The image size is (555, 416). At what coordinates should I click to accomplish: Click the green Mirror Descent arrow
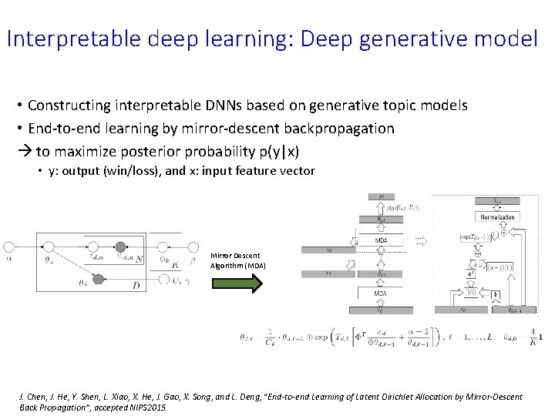click(237, 283)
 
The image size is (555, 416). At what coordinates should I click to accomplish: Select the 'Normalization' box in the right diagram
click(497, 217)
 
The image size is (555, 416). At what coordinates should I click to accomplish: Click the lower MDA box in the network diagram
click(381, 294)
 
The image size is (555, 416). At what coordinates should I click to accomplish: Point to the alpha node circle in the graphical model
click(10, 247)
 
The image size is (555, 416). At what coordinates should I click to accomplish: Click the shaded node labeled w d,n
click(120, 247)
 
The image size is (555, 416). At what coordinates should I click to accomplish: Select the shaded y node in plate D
click(98, 279)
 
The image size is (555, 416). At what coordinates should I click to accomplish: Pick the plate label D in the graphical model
click(136, 286)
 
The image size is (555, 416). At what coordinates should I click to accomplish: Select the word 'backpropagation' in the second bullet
click(340, 128)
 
